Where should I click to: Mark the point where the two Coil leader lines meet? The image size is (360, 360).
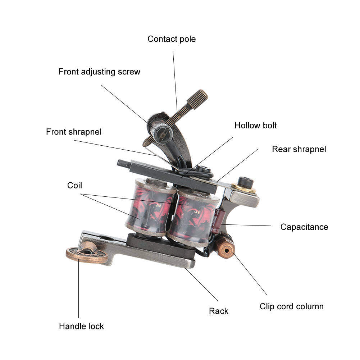[80, 194]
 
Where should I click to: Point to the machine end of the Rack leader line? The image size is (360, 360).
[185, 268]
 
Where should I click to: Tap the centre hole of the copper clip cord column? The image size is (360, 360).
[227, 250]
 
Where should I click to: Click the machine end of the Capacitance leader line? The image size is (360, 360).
[222, 224]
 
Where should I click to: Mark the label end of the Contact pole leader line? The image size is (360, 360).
[173, 51]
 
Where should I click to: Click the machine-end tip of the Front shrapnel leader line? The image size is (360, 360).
[156, 155]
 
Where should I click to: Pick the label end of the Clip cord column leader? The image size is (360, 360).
[267, 295]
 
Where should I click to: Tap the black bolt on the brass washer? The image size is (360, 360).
[245, 182]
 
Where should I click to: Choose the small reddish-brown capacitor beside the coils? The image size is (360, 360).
[216, 221]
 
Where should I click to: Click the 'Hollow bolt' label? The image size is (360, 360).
[256, 126]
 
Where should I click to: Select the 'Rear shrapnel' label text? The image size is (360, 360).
[299, 149]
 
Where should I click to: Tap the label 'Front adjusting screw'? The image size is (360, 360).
[99, 72]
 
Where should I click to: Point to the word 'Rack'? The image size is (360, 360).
[219, 311]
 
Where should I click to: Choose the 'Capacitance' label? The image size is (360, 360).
[304, 227]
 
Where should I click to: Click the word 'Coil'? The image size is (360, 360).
[74, 185]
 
